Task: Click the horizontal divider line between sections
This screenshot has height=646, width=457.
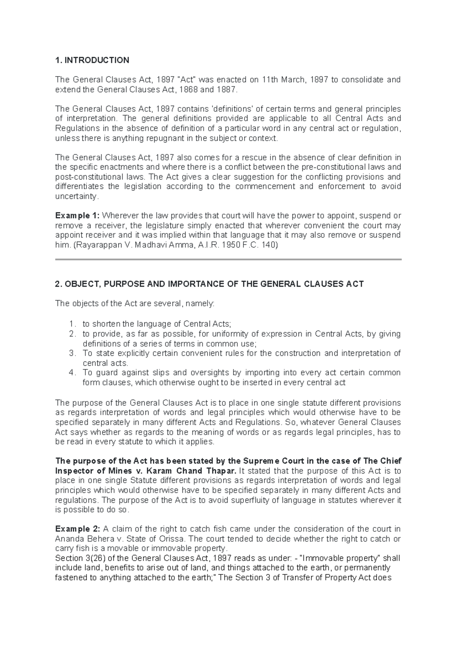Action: [228, 259]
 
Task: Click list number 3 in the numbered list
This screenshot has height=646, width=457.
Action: [72, 353]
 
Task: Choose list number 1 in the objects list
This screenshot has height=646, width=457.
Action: [72, 324]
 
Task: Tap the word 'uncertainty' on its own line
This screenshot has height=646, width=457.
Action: [76, 196]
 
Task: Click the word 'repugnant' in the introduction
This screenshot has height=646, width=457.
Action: [164, 138]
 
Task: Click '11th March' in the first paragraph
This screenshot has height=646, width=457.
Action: [283, 80]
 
